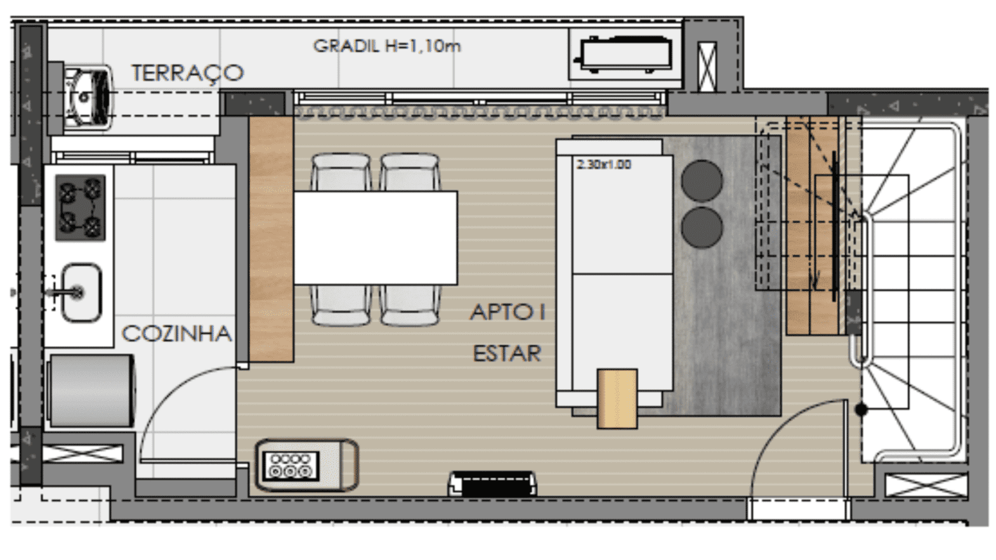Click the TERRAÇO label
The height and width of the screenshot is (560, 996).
[x=188, y=72]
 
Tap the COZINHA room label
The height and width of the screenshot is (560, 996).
[x=176, y=334]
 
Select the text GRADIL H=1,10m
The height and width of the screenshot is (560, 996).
[x=387, y=46]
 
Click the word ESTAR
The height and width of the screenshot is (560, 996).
[x=507, y=354]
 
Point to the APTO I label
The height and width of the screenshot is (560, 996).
[x=508, y=311]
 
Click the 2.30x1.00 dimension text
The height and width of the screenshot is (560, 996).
[x=604, y=164]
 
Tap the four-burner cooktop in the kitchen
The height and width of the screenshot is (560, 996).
[x=81, y=207]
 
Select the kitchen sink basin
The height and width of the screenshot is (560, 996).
[x=81, y=293]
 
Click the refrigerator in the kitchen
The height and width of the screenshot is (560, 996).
[x=91, y=391]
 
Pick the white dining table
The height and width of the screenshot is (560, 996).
[x=376, y=238]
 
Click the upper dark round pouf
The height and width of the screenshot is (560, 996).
[x=702, y=181]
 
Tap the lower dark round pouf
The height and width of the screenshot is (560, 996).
[x=702, y=228]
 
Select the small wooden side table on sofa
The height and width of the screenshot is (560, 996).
[x=617, y=399]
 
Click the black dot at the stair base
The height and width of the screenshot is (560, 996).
[x=861, y=409]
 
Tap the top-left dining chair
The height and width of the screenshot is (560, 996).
[x=341, y=173]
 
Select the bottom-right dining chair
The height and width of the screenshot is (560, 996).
[x=410, y=305]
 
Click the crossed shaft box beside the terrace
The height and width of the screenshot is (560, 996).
[x=707, y=67]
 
